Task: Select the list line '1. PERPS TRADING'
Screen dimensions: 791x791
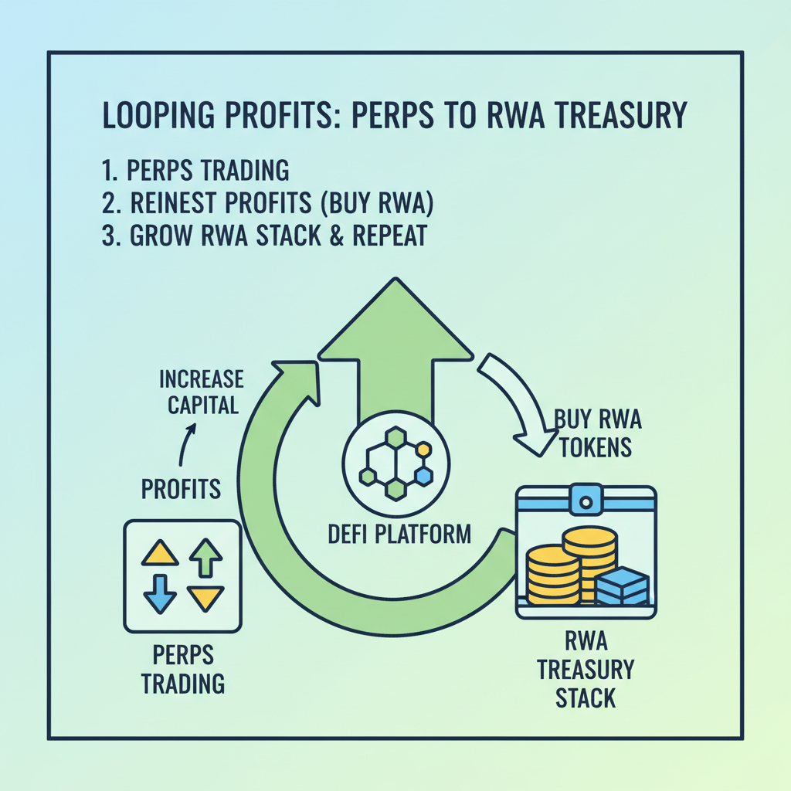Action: click(195, 169)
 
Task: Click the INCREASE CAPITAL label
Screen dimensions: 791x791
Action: click(201, 392)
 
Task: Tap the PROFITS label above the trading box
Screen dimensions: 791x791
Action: click(182, 488)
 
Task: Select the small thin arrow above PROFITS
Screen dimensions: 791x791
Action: click(185, 446)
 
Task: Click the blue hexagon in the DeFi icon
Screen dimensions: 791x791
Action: click(423, 476)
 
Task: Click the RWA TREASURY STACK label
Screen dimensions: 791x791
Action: click(586, 670)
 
